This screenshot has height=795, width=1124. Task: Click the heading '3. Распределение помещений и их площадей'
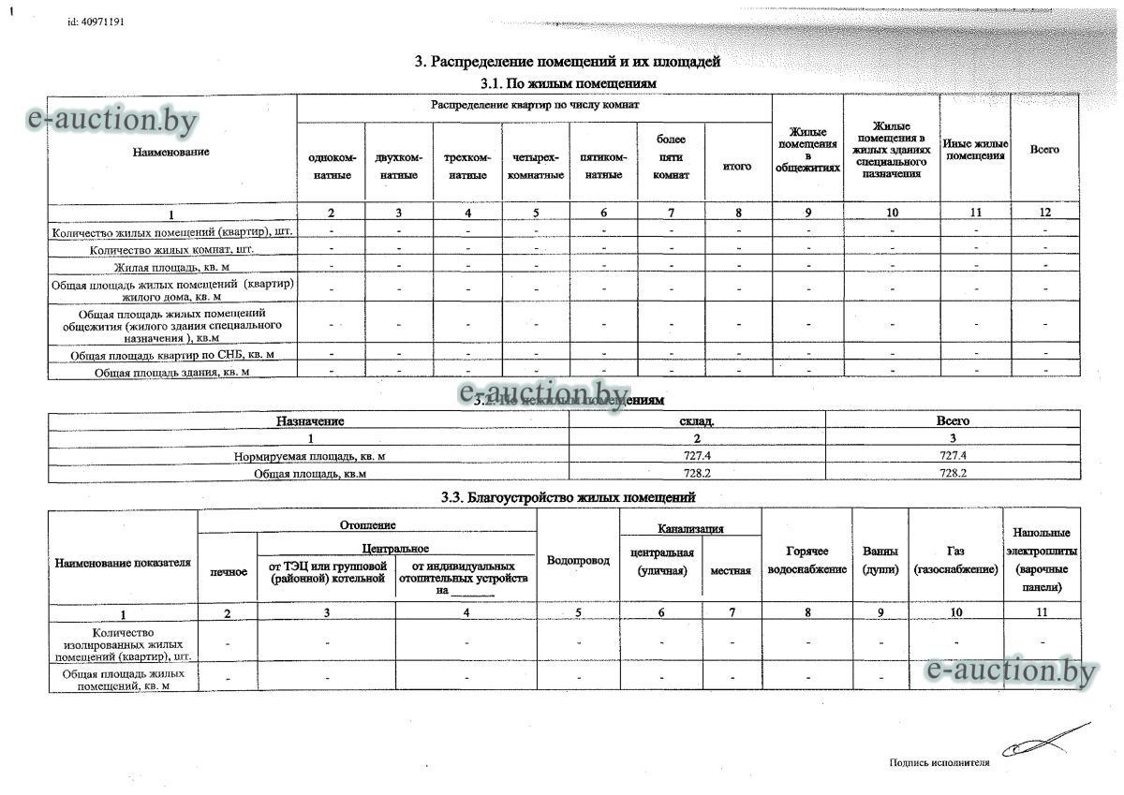click(x=568, y=63)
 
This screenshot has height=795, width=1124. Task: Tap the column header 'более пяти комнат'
click(x=672, y=157)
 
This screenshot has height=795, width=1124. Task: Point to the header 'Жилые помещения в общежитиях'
click(x=807, y=150)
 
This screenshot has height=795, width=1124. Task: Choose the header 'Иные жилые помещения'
click(x=975, y=150)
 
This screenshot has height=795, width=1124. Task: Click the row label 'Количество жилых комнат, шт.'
click(x=172, y=250)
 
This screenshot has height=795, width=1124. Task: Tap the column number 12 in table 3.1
click(x=1045, y=213)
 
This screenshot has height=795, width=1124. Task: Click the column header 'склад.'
click(x=697, y=421)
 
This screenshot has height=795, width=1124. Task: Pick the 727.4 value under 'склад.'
click(x=697, y=456)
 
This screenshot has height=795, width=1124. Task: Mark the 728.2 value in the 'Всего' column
click(x=953, y=474)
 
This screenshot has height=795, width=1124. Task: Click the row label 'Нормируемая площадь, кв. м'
click(x=310, y=456)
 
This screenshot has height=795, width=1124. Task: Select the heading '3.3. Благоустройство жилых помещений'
click(x=568, y=497)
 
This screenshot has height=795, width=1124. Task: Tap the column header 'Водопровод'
click(x=578, y=560)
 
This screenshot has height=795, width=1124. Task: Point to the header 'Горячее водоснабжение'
click(x=806, y=560)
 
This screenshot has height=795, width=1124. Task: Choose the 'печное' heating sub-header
click(x=229, y=571)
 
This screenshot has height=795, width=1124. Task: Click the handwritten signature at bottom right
click(x=1040, y=742)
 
